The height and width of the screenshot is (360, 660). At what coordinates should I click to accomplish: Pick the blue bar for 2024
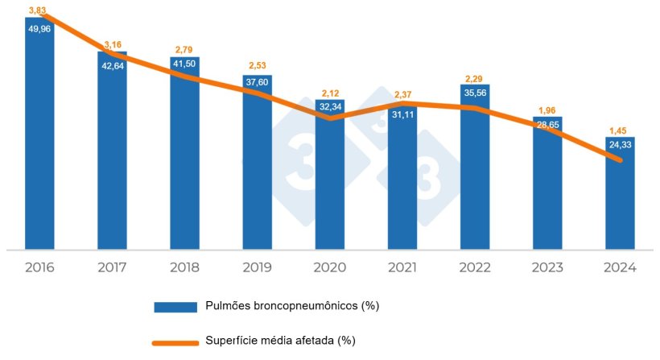(620, 201)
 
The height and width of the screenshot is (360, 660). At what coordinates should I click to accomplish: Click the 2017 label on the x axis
(112, 267)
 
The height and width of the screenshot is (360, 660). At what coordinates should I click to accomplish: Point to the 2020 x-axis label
(330, 267)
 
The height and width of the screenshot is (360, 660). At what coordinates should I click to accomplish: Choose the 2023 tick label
(547, 267)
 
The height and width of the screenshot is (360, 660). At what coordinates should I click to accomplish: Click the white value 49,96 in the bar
(39, 28)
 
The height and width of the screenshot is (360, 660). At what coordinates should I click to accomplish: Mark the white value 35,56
(475, 92)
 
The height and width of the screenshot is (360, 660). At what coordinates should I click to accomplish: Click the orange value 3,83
(37, 10)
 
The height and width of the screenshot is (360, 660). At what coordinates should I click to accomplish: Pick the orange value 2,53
(257, 65)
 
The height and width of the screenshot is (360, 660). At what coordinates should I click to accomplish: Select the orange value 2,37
(402, 96)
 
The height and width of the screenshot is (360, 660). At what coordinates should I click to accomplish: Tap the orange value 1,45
(619, 130)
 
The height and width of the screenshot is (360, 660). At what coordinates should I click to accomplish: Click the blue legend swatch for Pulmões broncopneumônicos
(176, 306)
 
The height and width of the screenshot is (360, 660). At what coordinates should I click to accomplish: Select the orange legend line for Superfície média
(176, 341)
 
